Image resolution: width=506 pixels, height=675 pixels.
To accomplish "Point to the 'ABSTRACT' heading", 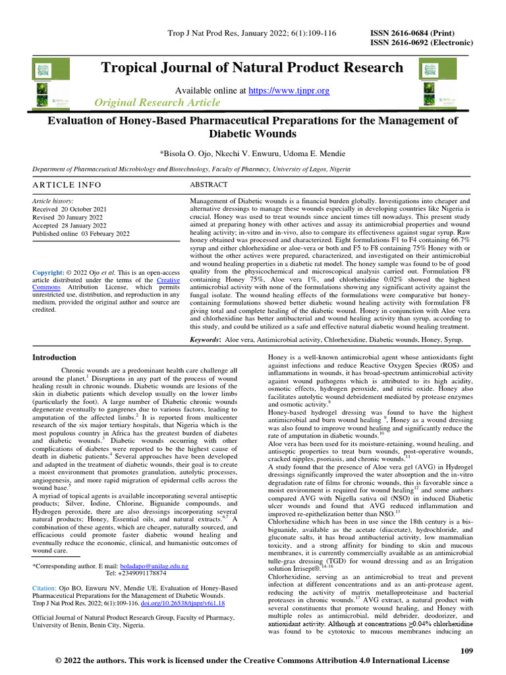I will (x=209, y=185).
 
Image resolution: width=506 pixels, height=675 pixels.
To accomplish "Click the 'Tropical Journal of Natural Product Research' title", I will (x=252, y=67).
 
